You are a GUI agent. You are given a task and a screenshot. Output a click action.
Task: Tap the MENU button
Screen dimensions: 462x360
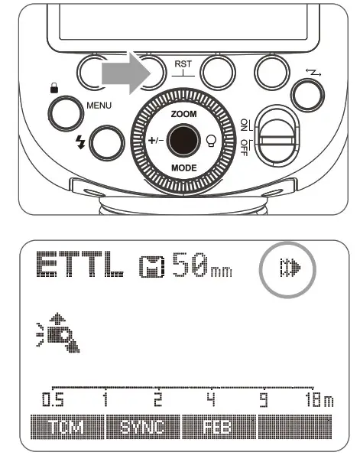65,113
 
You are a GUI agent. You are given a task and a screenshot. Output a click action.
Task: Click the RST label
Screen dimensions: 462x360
183,66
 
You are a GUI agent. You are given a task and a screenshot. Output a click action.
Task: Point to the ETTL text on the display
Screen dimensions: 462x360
78,268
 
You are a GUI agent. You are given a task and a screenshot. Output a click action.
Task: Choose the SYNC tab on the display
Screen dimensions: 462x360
143,426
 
